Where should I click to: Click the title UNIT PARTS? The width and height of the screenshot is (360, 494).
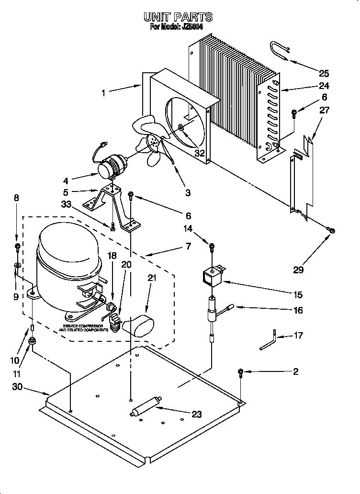point(178,17)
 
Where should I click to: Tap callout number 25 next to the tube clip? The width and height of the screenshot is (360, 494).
point(324,73)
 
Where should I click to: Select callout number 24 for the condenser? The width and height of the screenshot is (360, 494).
point(324,86)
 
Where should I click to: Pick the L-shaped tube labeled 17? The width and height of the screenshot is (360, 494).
point(269,339)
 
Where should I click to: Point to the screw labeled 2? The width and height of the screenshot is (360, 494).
point(241,372)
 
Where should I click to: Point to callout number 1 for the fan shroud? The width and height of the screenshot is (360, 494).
point(103,93)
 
